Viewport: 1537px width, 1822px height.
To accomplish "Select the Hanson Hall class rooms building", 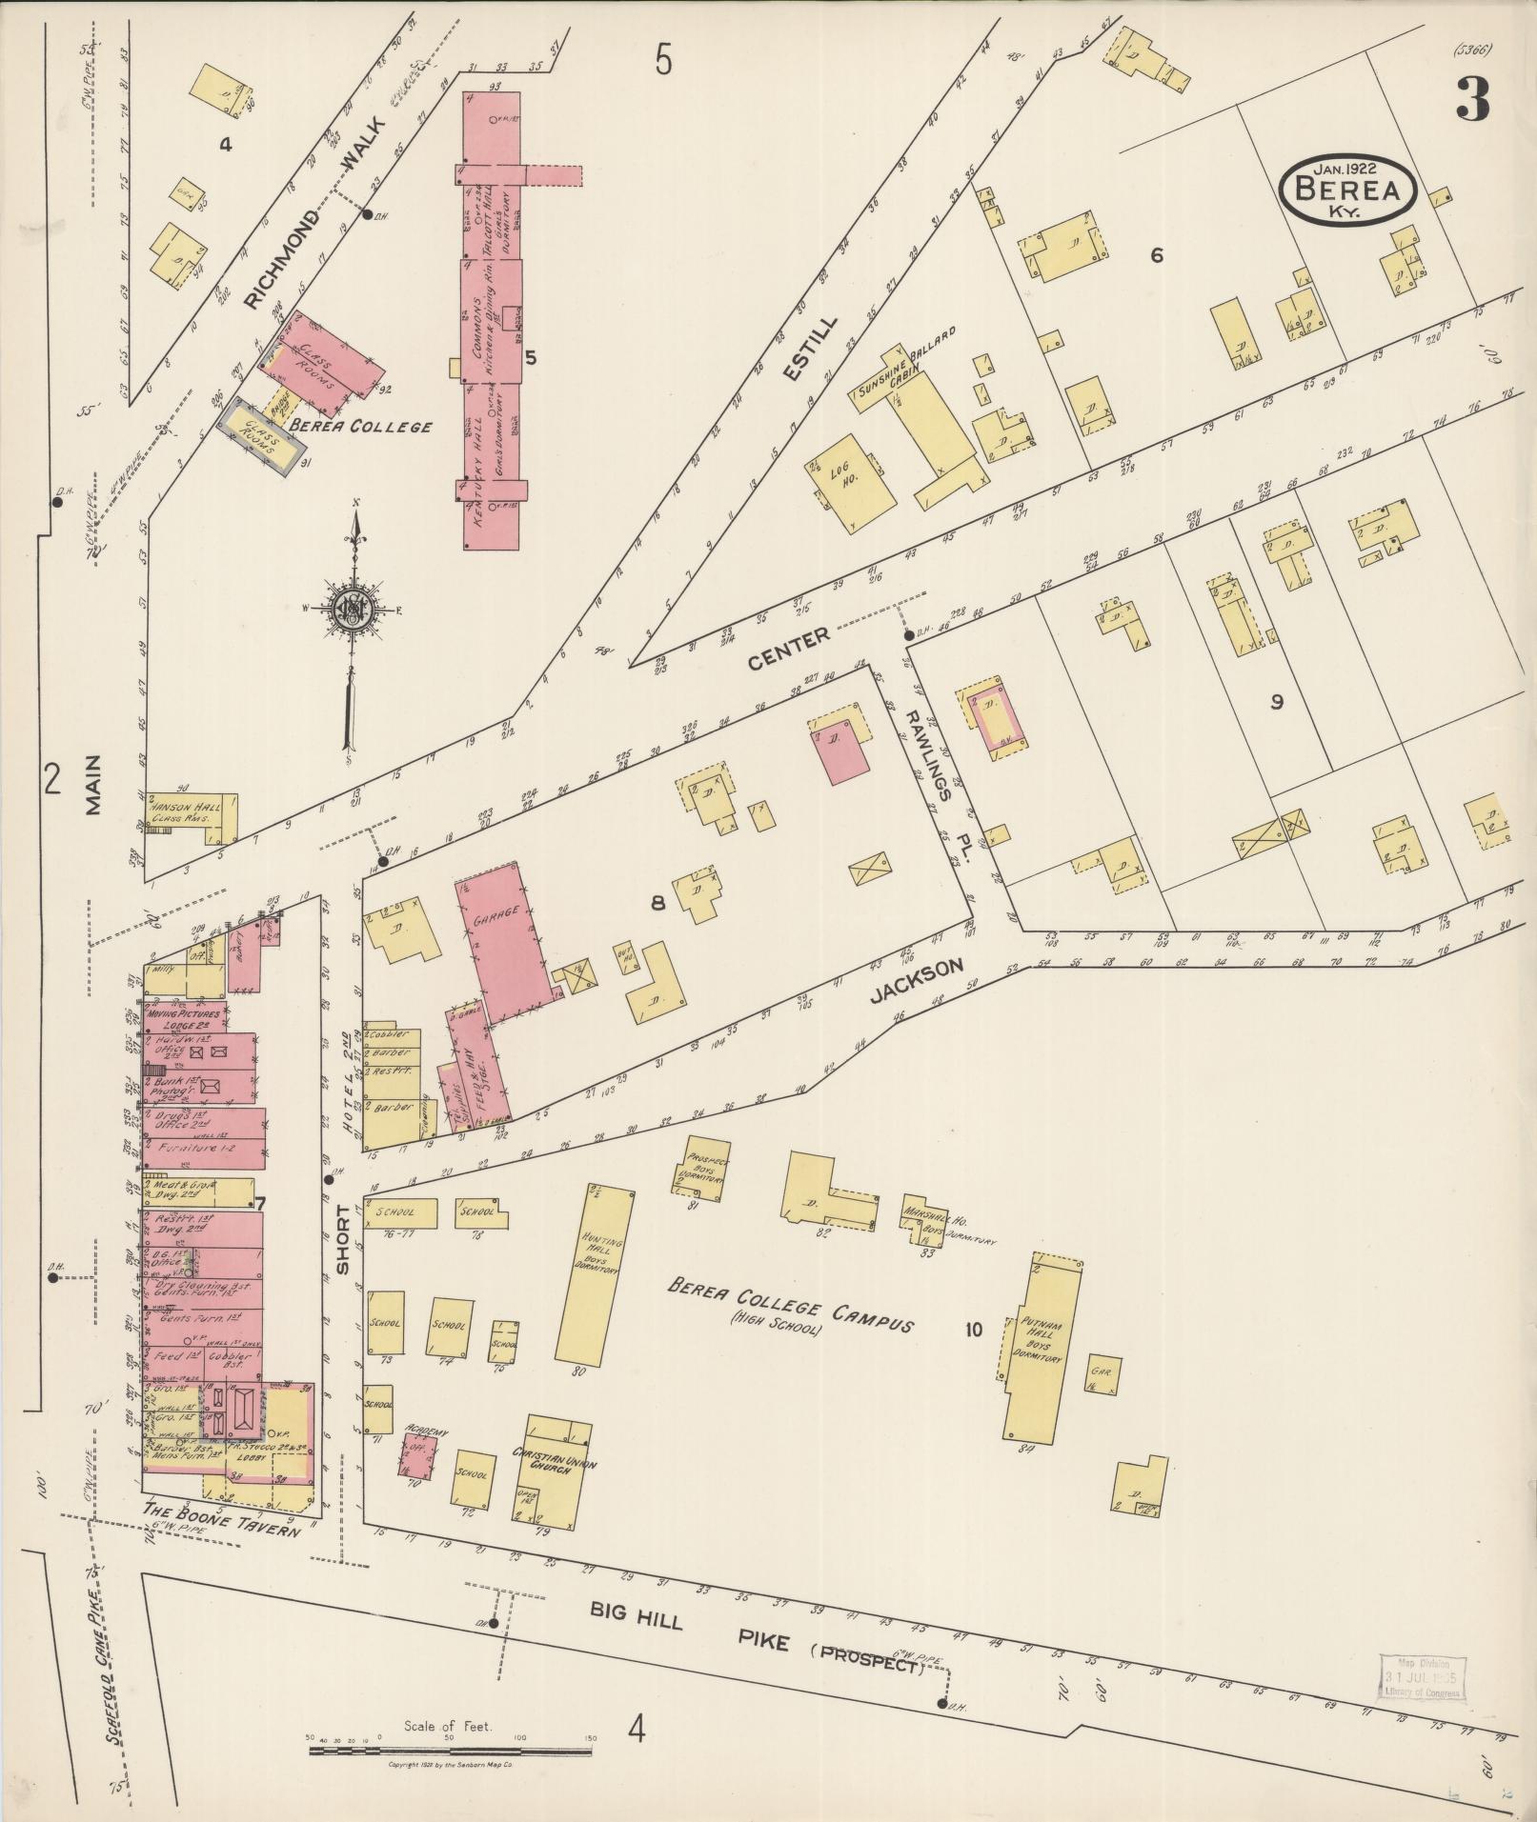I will coord(191,816).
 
